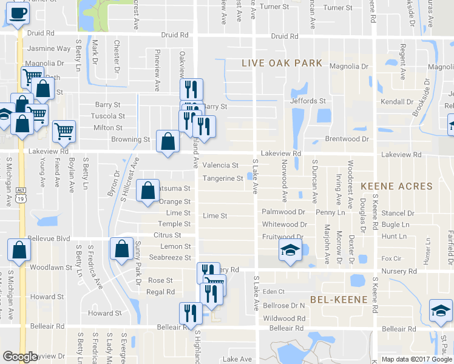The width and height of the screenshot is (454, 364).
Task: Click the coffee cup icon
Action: pos(17,13)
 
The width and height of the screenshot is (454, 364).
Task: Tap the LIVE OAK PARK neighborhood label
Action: pos(282,63)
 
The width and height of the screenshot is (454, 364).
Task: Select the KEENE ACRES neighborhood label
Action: pos(396,186)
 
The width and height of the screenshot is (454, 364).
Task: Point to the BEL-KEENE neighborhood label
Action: pos(339,300)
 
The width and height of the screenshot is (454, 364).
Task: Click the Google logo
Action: pos(20,357)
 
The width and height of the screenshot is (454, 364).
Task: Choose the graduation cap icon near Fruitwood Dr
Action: pos(290,250)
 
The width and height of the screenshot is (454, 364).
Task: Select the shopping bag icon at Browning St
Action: pos(168,142)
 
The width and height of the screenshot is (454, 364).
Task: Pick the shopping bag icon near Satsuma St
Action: pos(147,191)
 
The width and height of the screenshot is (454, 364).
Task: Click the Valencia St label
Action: pos(220,165)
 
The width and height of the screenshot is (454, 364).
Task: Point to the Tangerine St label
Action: pos(223,178)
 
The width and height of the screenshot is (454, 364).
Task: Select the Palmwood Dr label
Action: pos(283,212)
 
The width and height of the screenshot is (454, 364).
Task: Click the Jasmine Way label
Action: pos(49,49)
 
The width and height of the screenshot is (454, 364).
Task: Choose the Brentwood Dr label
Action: pos(347,139)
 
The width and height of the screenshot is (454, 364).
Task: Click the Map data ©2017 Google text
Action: pos(416,359)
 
